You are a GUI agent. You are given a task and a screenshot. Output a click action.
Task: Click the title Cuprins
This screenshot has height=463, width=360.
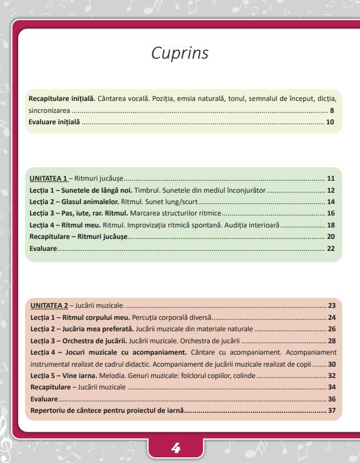tap(180, 53)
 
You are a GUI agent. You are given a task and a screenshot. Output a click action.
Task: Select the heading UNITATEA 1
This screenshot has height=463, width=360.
tap(48, 178)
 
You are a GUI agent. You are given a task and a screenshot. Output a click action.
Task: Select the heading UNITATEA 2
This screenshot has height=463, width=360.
tap(48, 306)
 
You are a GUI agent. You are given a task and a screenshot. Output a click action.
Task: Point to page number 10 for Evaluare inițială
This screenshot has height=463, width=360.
tap(330, 122)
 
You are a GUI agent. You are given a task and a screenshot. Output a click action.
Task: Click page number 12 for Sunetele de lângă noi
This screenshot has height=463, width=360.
tap(330, 190)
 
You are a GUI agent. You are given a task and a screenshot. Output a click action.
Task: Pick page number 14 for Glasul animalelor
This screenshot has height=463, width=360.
tap(330, 202)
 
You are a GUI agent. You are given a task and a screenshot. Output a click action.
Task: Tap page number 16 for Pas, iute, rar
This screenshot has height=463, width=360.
tap(330, 213)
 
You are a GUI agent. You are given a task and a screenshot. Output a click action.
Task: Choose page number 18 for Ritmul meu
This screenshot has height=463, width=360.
tap(330, 225)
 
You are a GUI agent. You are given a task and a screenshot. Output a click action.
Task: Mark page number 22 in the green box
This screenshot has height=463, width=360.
tap(330, 249)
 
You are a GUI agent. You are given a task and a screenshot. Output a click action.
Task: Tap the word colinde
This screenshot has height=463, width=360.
tap(243, 376)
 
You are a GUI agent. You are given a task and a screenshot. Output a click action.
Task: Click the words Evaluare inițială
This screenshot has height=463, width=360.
tap(55, 122)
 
